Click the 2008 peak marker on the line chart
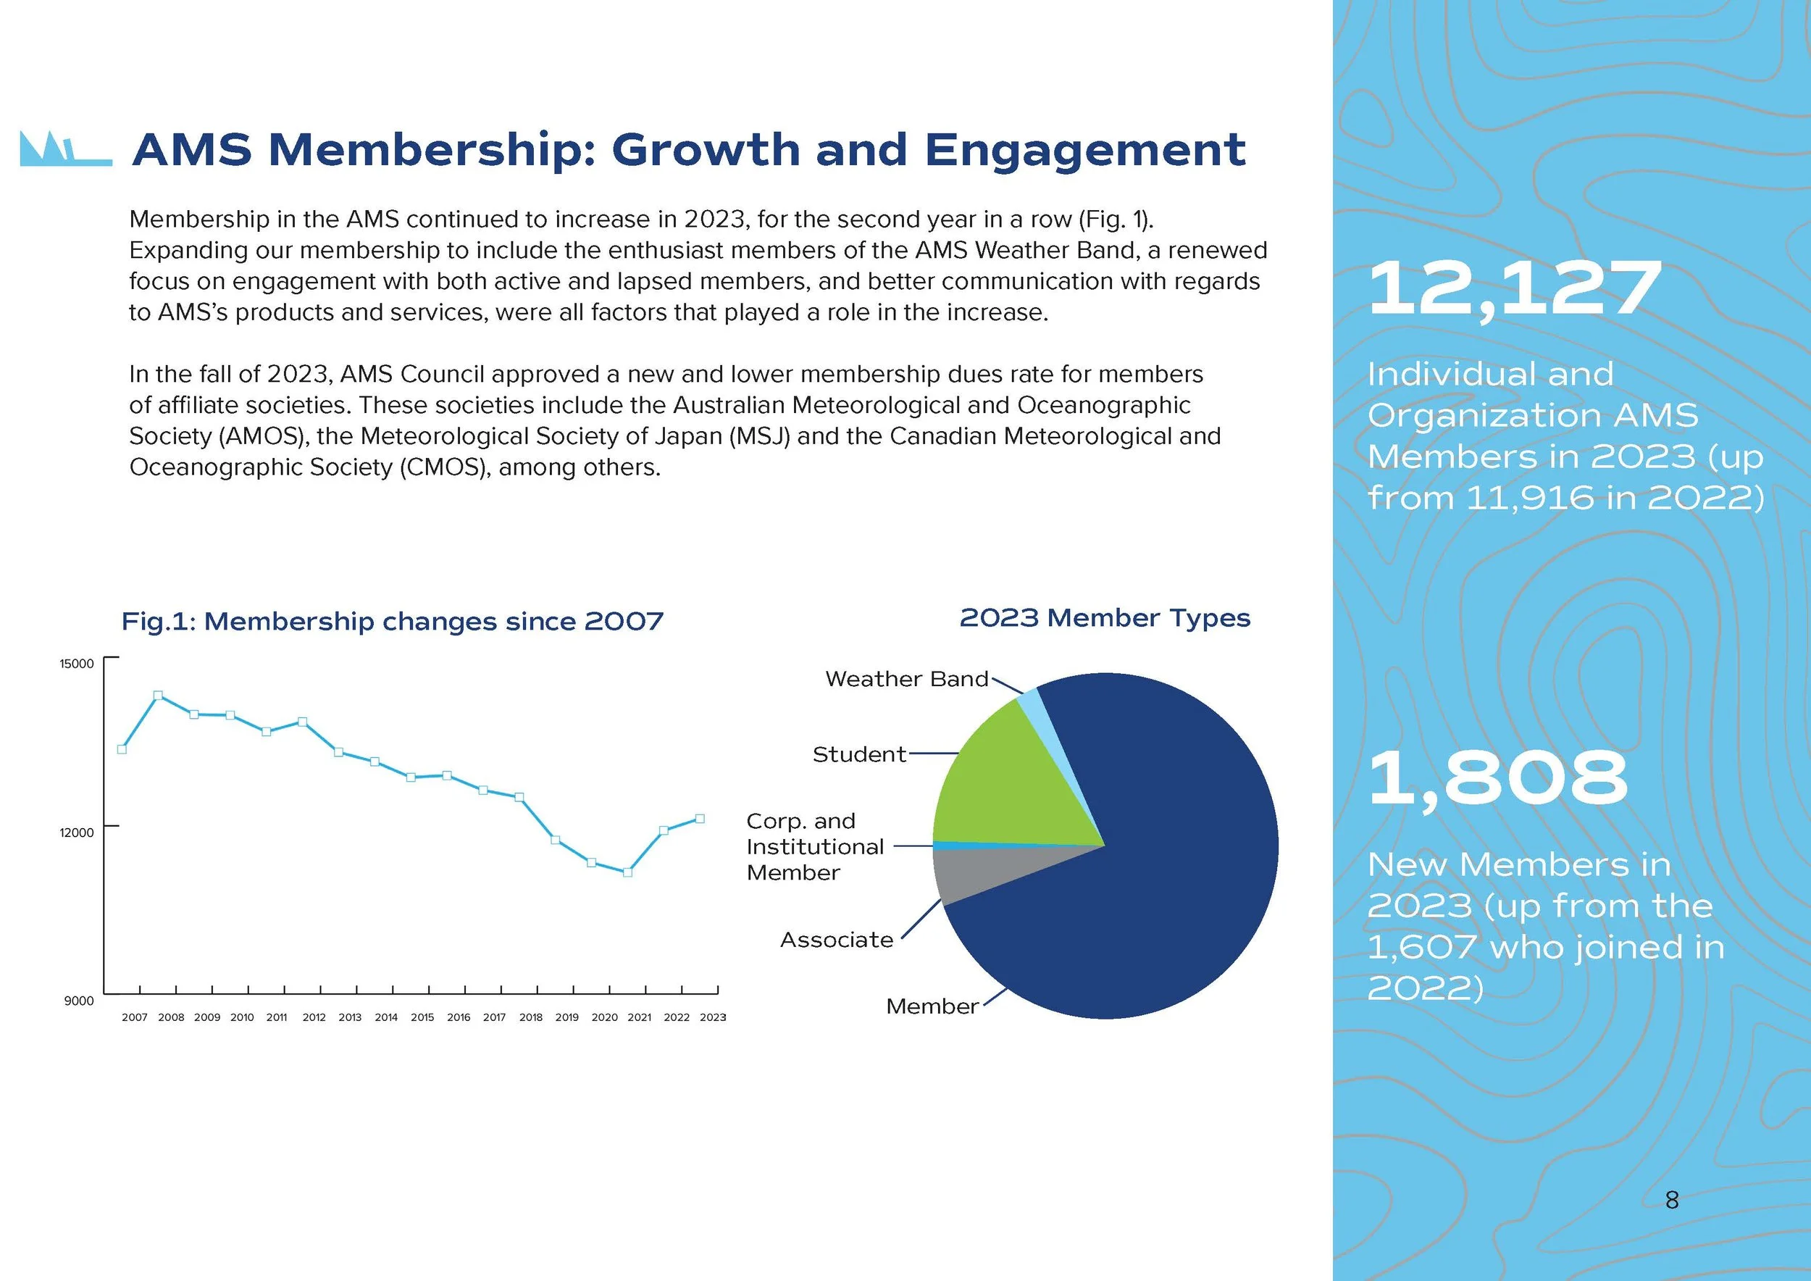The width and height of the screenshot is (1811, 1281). click(x=158, y=696)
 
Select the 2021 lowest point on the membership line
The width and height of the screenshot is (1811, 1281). click(x=627, y=872)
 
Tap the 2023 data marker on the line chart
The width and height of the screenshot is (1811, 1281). click(x=700, y=819)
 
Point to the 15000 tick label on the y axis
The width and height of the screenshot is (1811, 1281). click(x=77, y=664)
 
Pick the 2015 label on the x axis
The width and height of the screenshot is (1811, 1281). click(x=422, y=1017)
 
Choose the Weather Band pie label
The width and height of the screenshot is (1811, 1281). click(x=906, y=679)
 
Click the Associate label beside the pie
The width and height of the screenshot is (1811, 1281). click(x=836, y=940)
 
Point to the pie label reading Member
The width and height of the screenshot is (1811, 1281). click(x=932, y=1006)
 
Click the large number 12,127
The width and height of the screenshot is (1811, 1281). click(x=1515, y=290)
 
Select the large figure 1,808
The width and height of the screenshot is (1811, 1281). click(x=1497, y=779)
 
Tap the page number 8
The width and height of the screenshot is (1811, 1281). click(x=1671, y=1201)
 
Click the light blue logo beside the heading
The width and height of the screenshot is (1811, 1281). click(x=64, y=149)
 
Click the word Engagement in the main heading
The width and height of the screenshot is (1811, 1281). click(x=1084, y=150)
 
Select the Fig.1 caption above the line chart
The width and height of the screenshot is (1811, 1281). click(x=392, y=622)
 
